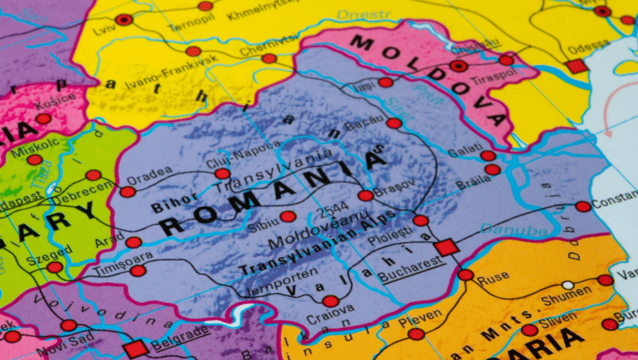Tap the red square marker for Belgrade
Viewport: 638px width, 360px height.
pyautogui.click(x=136, y=349)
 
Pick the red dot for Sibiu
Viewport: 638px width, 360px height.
pyautogui.click(x=288, y=217)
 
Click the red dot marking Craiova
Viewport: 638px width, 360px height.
pyautogui.click(x=330, y=301)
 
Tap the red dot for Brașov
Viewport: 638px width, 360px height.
pyautogui.click(x=365, y=196)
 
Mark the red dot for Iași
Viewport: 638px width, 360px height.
pyautogui.click(x=385, y=82)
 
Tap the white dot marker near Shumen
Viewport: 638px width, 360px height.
pyautogui.click(x=568, y=285)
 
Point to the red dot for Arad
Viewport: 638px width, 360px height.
pyautogui.click(x=134, y=243)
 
